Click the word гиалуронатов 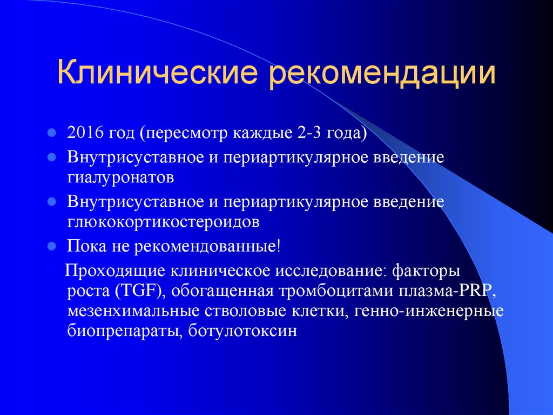(120, 177)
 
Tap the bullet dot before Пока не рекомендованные (52, 246)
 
